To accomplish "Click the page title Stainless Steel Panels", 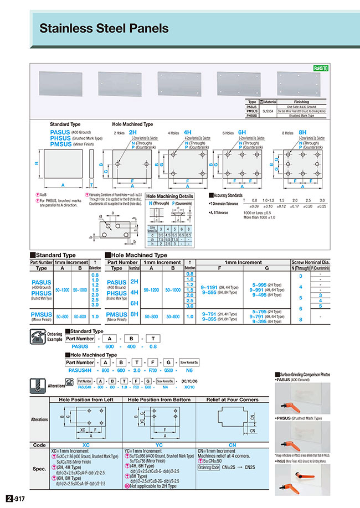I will tap(104, 29).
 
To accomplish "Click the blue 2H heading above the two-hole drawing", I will tap(132, 133).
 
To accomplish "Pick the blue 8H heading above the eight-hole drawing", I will tap(302, 133).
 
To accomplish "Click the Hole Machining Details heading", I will tap(170, 196).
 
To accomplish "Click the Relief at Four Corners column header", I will tap(232, 399).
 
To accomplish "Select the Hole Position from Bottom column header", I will tap(159, 399).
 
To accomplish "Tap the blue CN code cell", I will tap(232, 444).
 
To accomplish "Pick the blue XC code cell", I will tap(86, 444).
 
